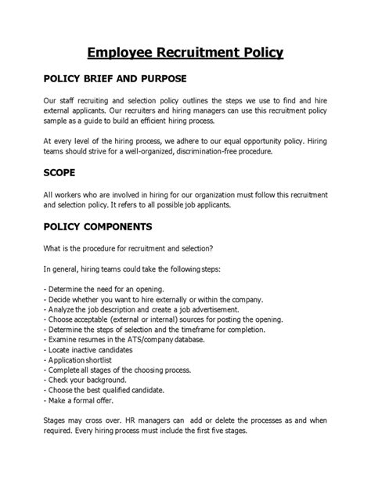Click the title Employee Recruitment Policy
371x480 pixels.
(185, 52)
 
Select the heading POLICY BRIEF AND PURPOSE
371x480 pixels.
(114, 80)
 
